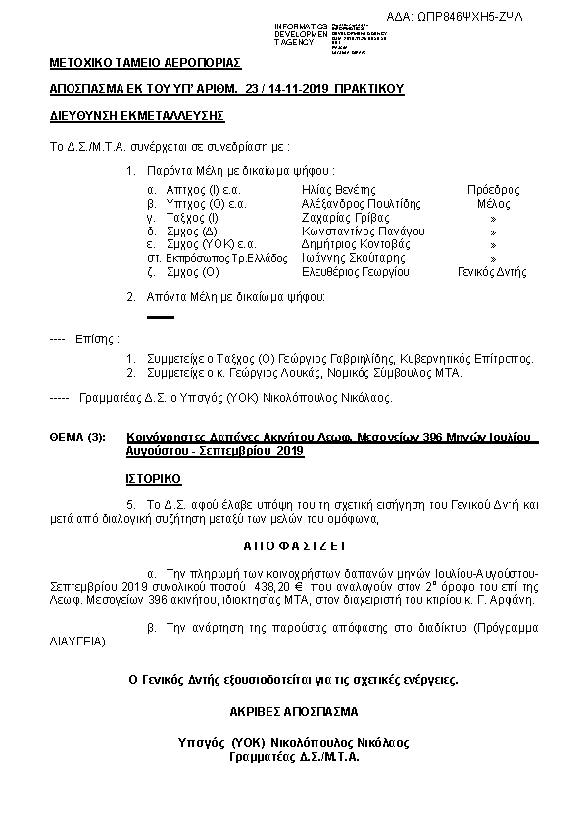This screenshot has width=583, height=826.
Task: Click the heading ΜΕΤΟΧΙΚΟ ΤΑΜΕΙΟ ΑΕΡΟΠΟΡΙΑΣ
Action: [145, 64]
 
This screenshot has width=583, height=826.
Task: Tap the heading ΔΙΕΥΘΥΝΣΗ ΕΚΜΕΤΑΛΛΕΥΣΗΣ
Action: [137, 116]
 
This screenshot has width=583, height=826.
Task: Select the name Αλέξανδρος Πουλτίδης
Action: [361, 203]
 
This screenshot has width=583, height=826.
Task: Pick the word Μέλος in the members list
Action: [493, 203]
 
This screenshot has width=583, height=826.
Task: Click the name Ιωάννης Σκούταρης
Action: [350, 258]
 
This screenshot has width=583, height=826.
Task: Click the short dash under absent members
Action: [160, 317]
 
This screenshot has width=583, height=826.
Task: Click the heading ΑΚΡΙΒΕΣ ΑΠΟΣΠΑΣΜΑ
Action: [293, 711]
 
